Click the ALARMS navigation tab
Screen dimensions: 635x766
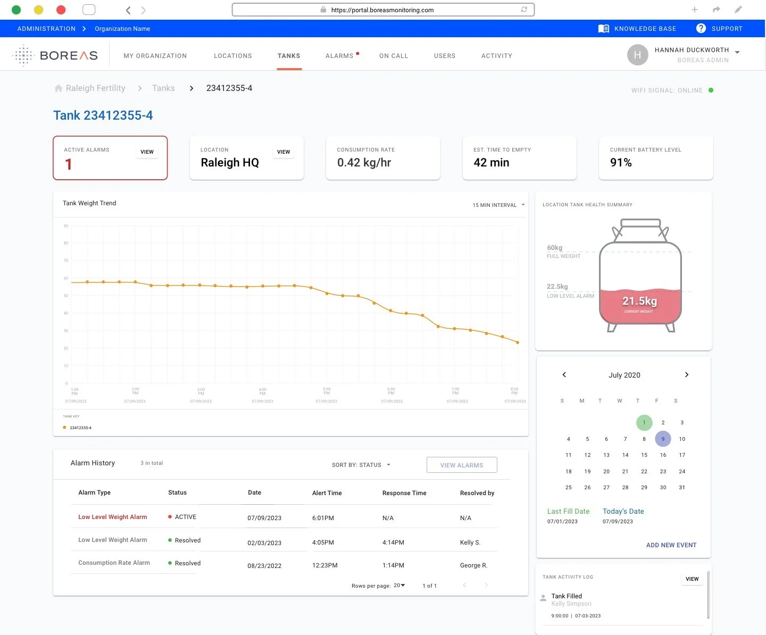pos(339,56)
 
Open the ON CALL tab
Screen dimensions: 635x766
pos(394,56)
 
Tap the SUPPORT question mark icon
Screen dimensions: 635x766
pos(701,29)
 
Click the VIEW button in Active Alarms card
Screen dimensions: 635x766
pos(147,152)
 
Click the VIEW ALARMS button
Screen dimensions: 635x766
pos(462,465)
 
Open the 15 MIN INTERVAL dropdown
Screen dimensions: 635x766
pos(498,205)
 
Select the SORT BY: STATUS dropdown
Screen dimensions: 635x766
pos(361,465)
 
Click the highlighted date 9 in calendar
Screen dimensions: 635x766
pos(663,439)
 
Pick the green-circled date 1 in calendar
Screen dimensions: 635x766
pos(644,423)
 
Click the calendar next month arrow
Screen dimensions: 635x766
pos(687,375)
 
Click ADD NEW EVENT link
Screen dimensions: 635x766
pos(671,545)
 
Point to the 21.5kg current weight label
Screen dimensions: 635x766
pos(639,302)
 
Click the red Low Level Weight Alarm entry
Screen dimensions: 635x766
pos(112,517)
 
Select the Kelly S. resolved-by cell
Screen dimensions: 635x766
pos(470,542)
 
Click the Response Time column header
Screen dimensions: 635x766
pos(404,493)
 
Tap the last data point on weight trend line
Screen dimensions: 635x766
pos(518,342)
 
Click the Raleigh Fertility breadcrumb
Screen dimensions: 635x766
pos(95,88)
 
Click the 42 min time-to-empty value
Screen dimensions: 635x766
pos(491,163)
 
